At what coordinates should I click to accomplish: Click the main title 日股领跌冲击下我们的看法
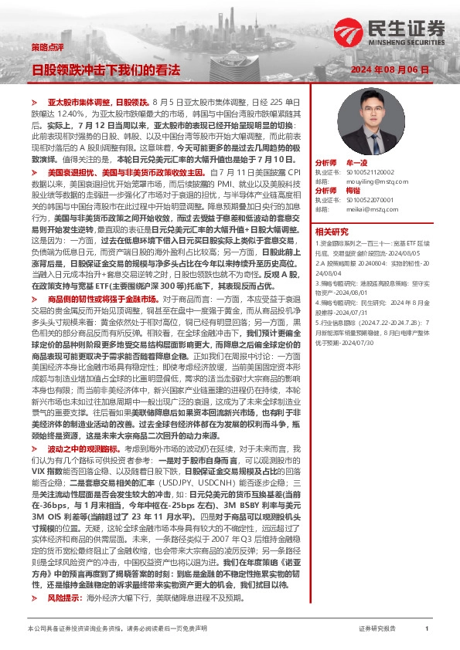(105, 69)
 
